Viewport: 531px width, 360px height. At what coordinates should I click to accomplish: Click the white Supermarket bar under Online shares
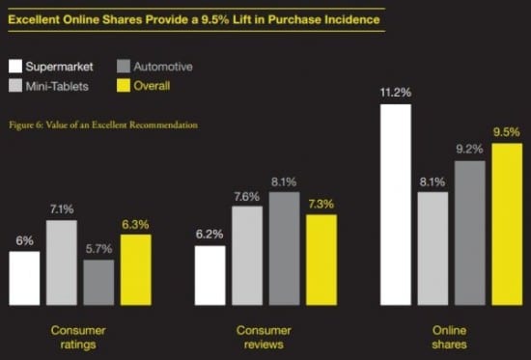(396, 204)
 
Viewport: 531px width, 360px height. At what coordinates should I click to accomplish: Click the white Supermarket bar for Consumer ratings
(24, 277)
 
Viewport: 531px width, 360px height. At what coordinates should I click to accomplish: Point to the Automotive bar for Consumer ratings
(98, 281)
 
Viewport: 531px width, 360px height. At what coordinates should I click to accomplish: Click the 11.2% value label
(396, 93)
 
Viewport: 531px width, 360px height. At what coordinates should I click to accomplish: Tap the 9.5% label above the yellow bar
(507, 131)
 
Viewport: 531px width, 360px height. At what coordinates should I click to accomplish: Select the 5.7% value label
(98, 248)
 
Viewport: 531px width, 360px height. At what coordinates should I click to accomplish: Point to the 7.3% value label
(321, 203)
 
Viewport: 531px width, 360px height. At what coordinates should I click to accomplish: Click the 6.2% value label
(210, 234)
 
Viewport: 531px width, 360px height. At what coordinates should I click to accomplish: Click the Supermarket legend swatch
(16, 68)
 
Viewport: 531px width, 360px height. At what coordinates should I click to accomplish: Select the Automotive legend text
(162, 68)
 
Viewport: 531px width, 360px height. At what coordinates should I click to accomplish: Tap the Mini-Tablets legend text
(65, 86)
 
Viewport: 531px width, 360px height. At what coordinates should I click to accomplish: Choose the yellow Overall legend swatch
(124, 86)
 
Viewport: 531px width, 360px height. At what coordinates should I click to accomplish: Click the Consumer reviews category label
(265, 337)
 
